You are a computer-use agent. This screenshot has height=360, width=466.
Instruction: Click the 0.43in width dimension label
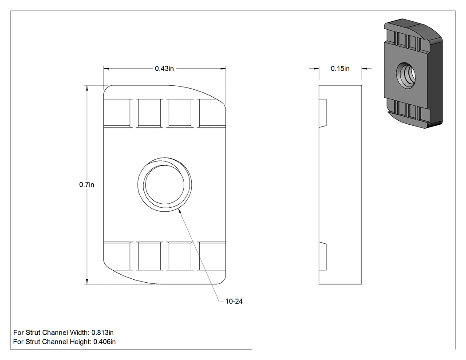pos(164,69)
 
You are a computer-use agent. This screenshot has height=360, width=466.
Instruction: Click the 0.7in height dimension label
pos(87,185)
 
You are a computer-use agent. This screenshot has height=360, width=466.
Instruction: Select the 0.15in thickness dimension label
pos(340,69)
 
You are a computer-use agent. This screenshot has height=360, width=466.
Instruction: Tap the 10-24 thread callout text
pos(234,301)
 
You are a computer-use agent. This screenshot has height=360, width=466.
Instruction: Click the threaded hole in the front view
pos(165,185)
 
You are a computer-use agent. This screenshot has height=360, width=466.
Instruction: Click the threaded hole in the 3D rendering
pos(406,75)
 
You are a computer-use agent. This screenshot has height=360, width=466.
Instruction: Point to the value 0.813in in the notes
pos(103,332)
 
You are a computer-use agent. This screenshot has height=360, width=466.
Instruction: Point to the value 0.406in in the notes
pos(105,342)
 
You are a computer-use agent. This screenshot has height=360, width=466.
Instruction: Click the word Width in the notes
pos(79,332)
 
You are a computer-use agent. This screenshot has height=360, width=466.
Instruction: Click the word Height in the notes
pos(80,342)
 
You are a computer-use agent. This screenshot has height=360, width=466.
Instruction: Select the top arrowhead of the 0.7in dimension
pos(87,88)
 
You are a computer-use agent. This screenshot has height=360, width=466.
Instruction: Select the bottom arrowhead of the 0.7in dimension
pos(87,281)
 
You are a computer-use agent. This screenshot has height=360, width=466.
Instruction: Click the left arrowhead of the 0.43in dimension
pos(107,69)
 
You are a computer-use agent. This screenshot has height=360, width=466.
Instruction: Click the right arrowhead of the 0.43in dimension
pos(223,69)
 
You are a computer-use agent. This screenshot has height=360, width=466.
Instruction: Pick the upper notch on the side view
pos(323,113)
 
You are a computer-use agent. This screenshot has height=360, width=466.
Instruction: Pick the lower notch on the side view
pos(323,257)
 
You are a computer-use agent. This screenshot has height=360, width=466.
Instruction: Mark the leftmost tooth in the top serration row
pos(118,113)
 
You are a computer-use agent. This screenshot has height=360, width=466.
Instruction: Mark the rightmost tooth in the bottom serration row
pos(212,256)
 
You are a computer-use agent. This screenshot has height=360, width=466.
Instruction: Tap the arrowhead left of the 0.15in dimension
pos(316,69)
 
